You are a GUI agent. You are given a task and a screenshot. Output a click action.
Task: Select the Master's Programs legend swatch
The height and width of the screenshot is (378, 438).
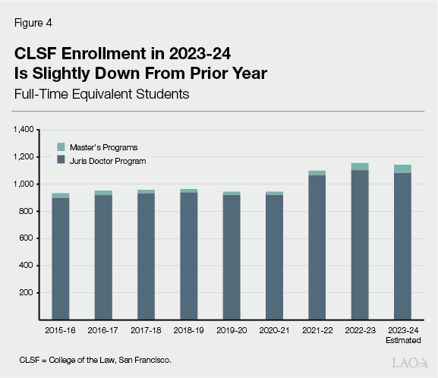[x=61, y=146]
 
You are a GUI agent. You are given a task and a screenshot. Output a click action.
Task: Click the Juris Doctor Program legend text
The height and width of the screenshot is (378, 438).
[x=108, y=161]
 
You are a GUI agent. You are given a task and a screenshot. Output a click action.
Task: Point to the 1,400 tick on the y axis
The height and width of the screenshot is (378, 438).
[x=24, y=130]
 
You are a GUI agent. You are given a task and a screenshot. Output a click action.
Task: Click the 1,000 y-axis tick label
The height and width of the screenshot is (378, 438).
[x=24, y=184]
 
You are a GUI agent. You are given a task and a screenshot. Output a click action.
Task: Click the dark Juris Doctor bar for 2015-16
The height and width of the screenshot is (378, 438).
[x=61, y=258]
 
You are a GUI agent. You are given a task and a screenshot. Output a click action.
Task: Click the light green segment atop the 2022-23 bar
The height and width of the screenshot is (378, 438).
[x=360, y=166]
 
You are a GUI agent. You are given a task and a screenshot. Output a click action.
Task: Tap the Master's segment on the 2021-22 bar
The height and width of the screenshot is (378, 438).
[x=317, y=173]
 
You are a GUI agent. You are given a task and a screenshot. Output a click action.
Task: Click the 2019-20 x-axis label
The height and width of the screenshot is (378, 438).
[x=231, y=330]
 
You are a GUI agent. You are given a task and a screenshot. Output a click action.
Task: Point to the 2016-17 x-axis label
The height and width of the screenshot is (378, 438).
[x=103, y=330]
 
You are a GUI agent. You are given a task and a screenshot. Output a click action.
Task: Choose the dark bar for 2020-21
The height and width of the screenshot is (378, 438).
[x=274, y=258]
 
